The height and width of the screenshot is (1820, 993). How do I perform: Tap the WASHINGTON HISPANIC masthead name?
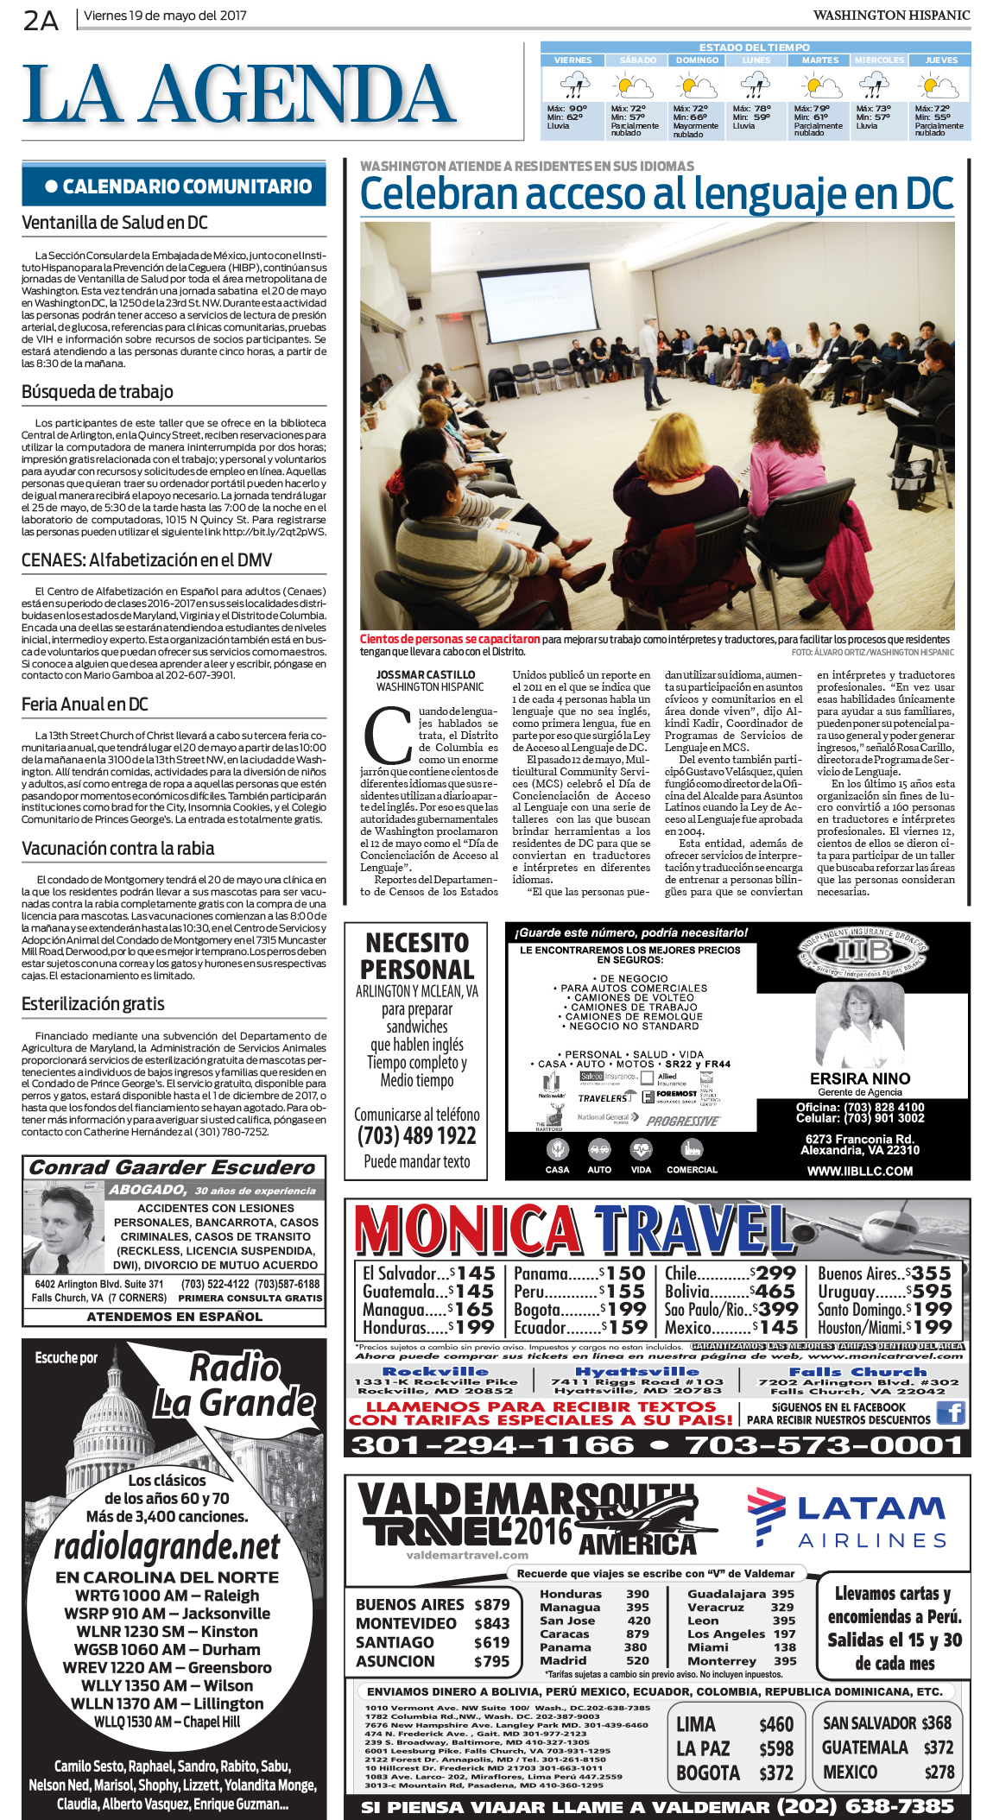tap(891, 16)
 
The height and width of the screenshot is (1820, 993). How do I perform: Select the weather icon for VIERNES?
tap(572, 85)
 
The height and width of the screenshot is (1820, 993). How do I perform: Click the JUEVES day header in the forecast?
tap(940, 60)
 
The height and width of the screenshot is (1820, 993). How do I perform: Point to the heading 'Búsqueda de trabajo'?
tap(98, 392)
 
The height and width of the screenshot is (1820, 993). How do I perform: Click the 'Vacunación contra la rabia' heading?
tap(118, 849)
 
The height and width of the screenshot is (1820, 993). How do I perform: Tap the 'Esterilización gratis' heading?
tap(93, 1004)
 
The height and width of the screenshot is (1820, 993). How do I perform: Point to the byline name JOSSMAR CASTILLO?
tap(426, 675)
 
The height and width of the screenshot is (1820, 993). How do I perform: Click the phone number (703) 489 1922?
tap(417, 1135)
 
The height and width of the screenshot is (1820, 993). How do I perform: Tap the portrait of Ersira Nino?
tap(859, 1027)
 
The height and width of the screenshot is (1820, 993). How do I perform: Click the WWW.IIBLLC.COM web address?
tap(860, 1172)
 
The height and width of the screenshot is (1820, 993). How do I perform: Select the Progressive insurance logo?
tap(682, 1122)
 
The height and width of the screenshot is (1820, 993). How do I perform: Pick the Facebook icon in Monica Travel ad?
tap(951, 1412)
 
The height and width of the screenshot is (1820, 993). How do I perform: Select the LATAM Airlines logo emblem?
tap(765, 1517)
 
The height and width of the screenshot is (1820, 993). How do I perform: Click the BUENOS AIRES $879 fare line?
tap(433, 1604)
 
